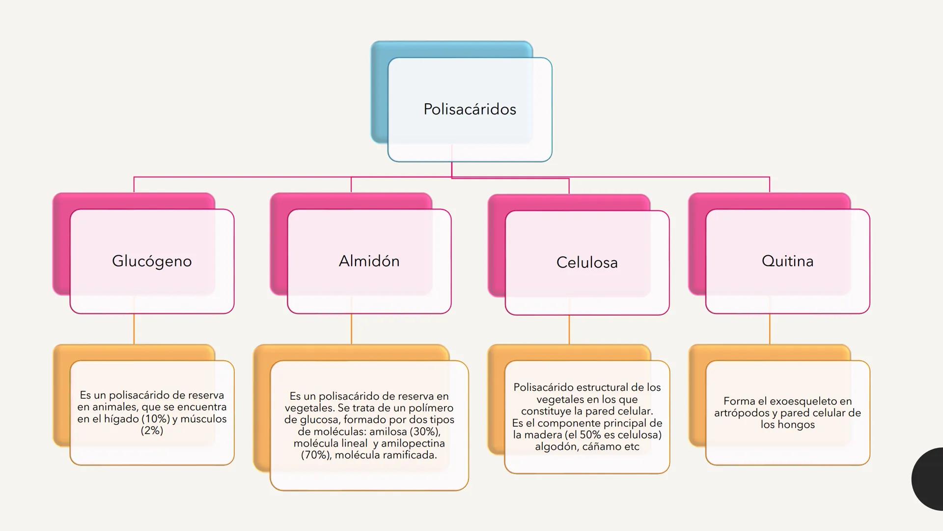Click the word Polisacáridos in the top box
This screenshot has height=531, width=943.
(x=470, y=109)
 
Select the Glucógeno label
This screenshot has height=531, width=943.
(x=152, y=261)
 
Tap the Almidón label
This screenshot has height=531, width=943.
(x=369, y=261)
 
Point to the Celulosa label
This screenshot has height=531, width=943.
(x=587, y=263)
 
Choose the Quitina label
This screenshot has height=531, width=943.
(x=787, y=261)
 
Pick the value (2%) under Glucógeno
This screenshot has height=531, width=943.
(x=152, y=431)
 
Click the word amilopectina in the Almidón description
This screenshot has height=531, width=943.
(x=413, y=443)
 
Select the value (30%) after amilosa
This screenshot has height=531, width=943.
(x=425, y=432)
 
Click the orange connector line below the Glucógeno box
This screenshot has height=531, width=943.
(x=134, y=328)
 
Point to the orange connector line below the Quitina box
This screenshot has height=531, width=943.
(x=770, y=328)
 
